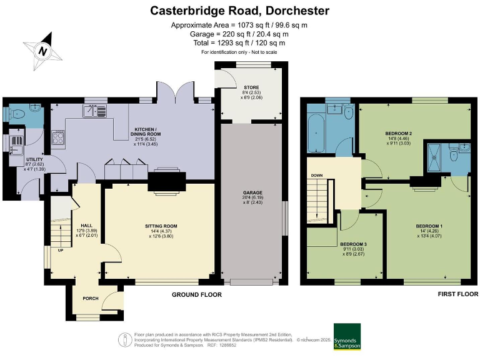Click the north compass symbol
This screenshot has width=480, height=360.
(42, 50)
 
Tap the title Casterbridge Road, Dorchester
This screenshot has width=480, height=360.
(240, 11)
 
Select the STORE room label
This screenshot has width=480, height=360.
(251, 87)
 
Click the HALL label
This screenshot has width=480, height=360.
(86, 226)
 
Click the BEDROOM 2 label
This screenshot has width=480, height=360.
(398, 133)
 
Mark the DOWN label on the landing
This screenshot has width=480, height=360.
(316, 176)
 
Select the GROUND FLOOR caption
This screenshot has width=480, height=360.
(197, 294)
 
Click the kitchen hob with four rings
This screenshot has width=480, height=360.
(59, 138)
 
